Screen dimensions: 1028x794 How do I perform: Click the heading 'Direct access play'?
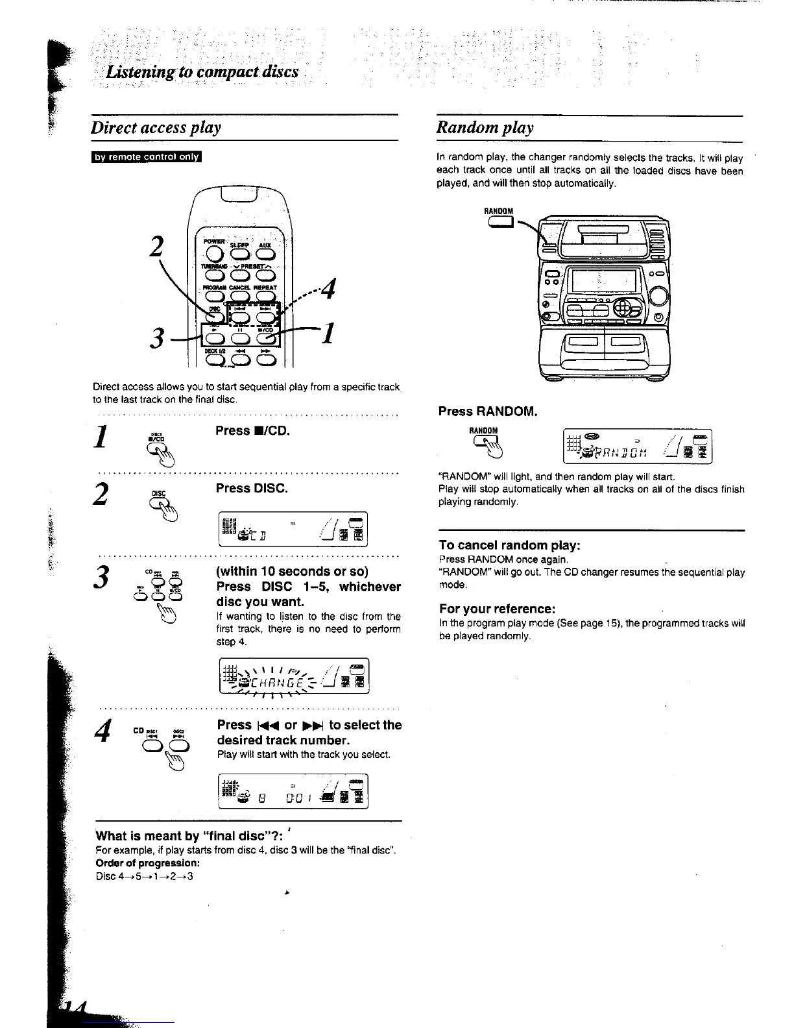click(x=156, y=127)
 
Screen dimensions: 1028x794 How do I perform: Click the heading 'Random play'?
click(x=485, y=127)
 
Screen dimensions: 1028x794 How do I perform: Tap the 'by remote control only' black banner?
click(x=147, y=156)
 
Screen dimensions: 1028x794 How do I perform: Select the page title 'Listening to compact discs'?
click(x=202, y=71)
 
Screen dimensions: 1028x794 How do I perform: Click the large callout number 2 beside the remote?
click(x=155, y=247)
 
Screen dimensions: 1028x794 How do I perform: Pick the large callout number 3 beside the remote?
click(x=156, y=337)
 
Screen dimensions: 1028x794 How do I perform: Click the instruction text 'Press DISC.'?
click(x=252, y=488)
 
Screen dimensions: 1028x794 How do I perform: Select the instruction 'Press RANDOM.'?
click(x=487, y=411)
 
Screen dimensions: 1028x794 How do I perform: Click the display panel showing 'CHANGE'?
click(x=294, y=676)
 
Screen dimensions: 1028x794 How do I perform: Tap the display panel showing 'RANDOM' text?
click(x=638, y=447)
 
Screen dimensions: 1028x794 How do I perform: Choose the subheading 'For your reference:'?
click(x=497, y=609)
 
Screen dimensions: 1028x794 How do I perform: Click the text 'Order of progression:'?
click(x=147, y=863)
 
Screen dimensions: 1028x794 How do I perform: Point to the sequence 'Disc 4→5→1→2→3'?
click(x=144, y=876)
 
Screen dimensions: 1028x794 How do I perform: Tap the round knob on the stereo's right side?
click(x=657, y=296)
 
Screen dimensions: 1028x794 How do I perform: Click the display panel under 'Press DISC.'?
click(x=294, y=530)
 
